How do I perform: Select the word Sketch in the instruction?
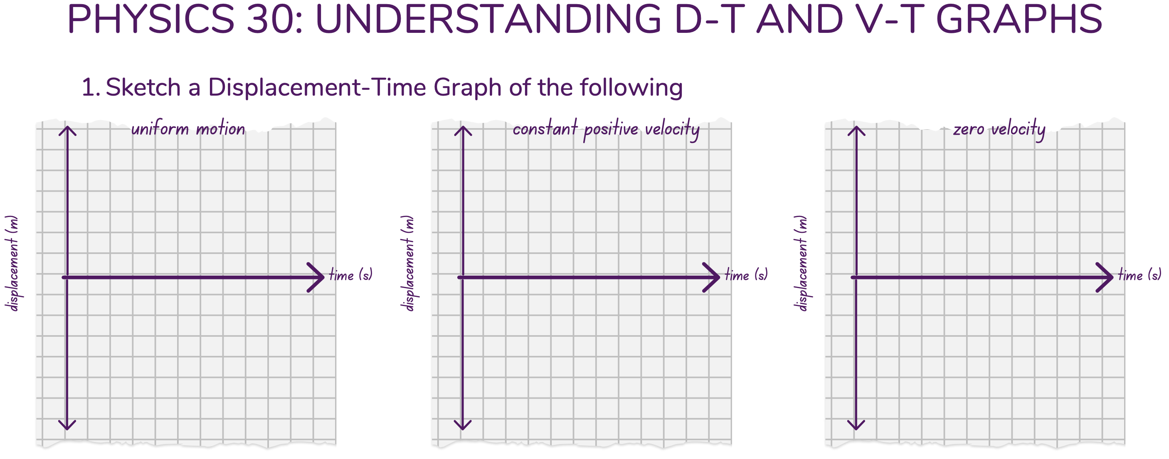click(x=143, y=87)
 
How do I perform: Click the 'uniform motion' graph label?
click(x=188, y=129)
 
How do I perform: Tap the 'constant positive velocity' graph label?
click(x=606, y=129)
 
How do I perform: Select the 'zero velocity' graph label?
click(x=999, y=129)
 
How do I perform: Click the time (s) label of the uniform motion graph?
click(x=350, y=275)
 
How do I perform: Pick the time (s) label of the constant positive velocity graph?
click(x=746, y=275)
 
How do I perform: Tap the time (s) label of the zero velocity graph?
click(x=1139, y=275)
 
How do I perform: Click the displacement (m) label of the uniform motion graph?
click(x=13, y=263)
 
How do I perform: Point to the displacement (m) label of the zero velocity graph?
click(x=802, y=263)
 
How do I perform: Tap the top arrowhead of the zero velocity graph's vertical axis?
click(x=856, y=129)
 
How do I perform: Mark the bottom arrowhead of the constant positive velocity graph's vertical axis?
click(x=462, y=426)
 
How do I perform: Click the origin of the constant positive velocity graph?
click(x=462, y=277)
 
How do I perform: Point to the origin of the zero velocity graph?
click(x=856, y=277)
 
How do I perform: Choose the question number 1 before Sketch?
click(x=90, y=87)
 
